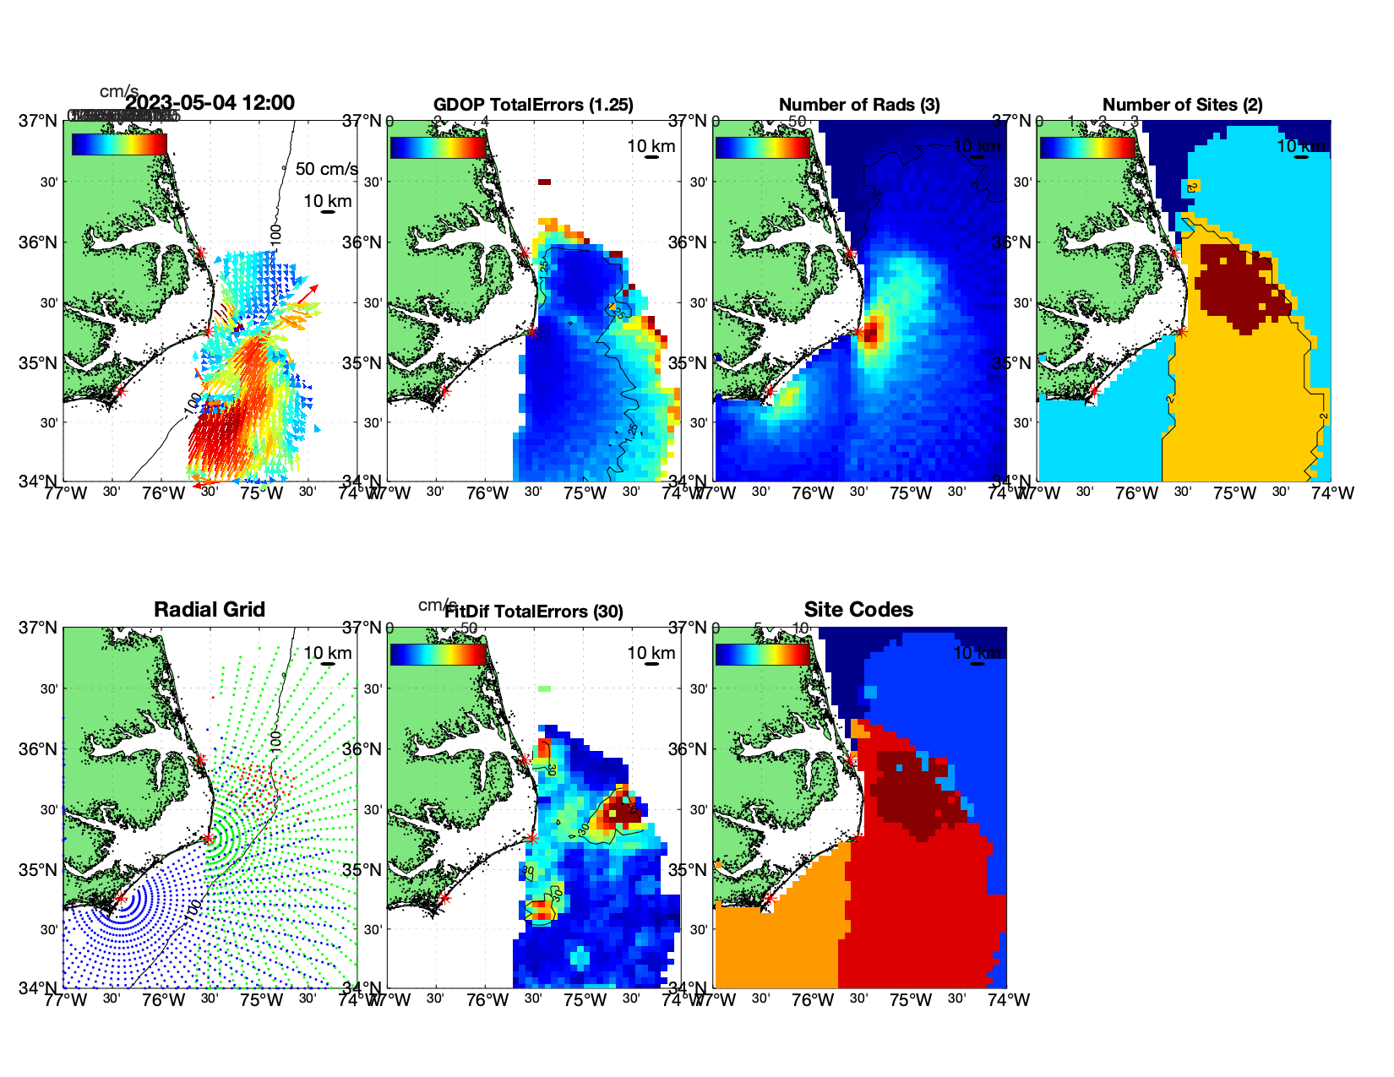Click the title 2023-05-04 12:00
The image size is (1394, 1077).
pyautogui.click(x=210, y=103)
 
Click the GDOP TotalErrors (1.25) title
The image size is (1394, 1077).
pyautogui.click(x=533, y=105)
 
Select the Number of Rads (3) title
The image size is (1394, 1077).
pyautogui.click(x=859, y=105)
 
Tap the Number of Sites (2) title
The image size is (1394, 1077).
pyautogui.click(x=1182, y=105)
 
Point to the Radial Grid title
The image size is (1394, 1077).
pyautogui.click(x=210, y=610)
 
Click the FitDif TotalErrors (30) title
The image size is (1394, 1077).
pyautogui.click(x=534, y=612)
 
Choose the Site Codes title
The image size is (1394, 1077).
pyautogui.click(x=858, y=610)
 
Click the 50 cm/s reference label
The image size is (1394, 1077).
pyautogui.click(x=327, y=169)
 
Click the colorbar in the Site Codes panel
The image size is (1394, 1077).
pyautogui.click(x=762, y=654)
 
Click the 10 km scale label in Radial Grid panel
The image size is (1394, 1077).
pyautogui.click(x=328, y=653)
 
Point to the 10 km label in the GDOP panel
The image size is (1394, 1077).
pyautogui.click(x=651, y=146)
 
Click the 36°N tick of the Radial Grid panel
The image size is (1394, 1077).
pyautogui.click(x=39, y=749)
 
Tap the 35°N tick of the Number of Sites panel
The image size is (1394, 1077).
pyautogui.click(x=1012, y=363)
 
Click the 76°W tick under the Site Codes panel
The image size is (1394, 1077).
pyautogui.click(x=812, y=1000)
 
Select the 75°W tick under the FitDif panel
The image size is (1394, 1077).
pyautogui.click(x=585, y=1000)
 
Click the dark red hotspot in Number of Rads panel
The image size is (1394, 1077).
pyautogui.click(x=871, y=330)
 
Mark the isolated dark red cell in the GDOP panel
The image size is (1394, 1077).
pyautogui.click(x=544, y=182)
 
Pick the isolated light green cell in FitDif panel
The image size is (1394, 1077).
pyautogui.click(x=544, y=688)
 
